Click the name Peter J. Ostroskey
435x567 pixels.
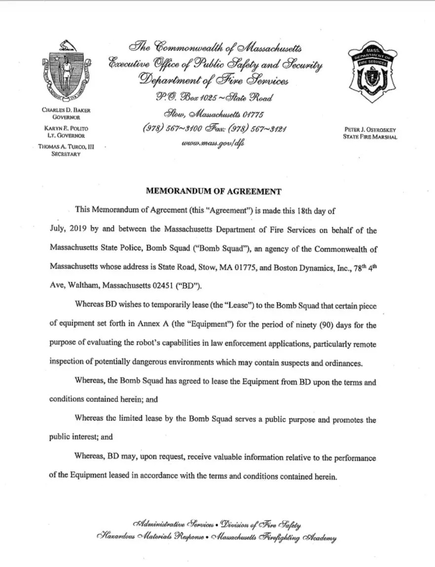click(x=370, y=130)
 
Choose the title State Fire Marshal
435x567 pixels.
click(x=370, y=137)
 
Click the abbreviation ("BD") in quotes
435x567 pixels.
click(x=189, y=286)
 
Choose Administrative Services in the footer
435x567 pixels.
click(x=173, y=523)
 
